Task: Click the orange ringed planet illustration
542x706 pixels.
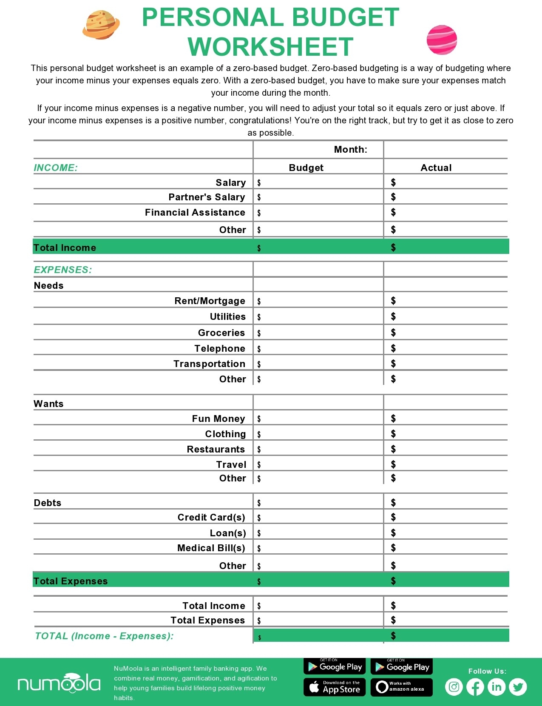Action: click(x=101, y=25)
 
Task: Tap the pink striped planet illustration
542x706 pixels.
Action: click(x=442, y=40)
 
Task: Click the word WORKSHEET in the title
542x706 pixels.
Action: click(x=270, y=47)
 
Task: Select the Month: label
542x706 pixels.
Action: click(x=350, y=150)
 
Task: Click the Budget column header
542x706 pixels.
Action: click(x=306, y=168)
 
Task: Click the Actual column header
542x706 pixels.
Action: click(x=436, y=168)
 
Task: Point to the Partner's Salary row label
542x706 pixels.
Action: click(x=207, y=197)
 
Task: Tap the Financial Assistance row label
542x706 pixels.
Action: click(x=195, y=212)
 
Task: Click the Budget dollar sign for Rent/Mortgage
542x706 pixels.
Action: click(x=259, y=302)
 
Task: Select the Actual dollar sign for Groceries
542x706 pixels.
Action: click(x=393, y=332)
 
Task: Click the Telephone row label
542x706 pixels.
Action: click(x=219, y=348)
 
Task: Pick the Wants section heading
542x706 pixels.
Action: click(x=48, y=404)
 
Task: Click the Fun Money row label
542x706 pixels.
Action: click(x=218, y=418)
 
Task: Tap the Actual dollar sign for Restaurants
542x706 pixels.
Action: click(x=393, y=449)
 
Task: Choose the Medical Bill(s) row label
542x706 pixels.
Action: click(x=211, y=548)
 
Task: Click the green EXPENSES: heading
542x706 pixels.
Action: click(x=63, y=270)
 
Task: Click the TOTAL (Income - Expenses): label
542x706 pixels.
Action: click(x=104, y=636)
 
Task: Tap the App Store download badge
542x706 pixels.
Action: click(x=335, y=687)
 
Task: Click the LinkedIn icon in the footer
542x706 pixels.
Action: click(x=496, y=687)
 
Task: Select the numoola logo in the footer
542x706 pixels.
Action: click(x=59, y=683)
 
